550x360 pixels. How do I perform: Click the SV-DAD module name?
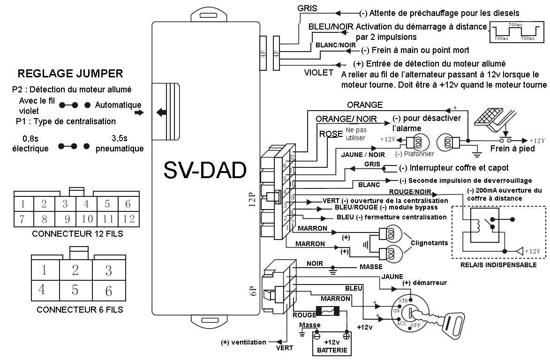tap(205, 170)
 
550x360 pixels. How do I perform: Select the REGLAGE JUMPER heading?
tap(70, 74)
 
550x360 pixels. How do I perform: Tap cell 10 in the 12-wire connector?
tap(87, 218)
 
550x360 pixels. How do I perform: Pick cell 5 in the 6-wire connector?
tap(75, 290)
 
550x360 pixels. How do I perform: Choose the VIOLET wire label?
tap(319, 73)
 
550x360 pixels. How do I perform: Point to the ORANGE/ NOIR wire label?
tap(347, 119)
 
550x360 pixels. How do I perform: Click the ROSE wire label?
tap(331, 134)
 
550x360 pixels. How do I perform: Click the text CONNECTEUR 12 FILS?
tap(77, 233)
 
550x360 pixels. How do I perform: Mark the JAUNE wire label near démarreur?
tap(392, 277)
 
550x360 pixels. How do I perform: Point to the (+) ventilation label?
tap(243, 342)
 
